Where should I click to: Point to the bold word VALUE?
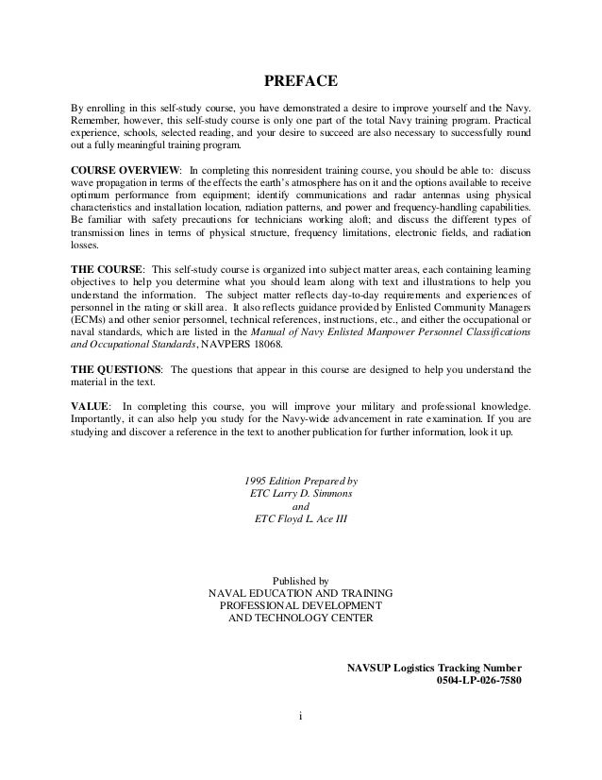pos(91,404)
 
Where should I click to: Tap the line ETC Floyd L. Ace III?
pos(301,519)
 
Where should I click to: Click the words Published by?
pos(300,580)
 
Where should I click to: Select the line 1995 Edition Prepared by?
pos(301,480)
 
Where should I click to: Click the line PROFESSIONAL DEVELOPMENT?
pos(301,605)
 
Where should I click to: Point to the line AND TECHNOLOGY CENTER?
pos(301,619)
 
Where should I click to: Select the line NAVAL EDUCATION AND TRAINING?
pos(301,593)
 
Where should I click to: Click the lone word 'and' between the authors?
pos(301,506)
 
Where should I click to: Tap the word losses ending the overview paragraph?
pos(88,242)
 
